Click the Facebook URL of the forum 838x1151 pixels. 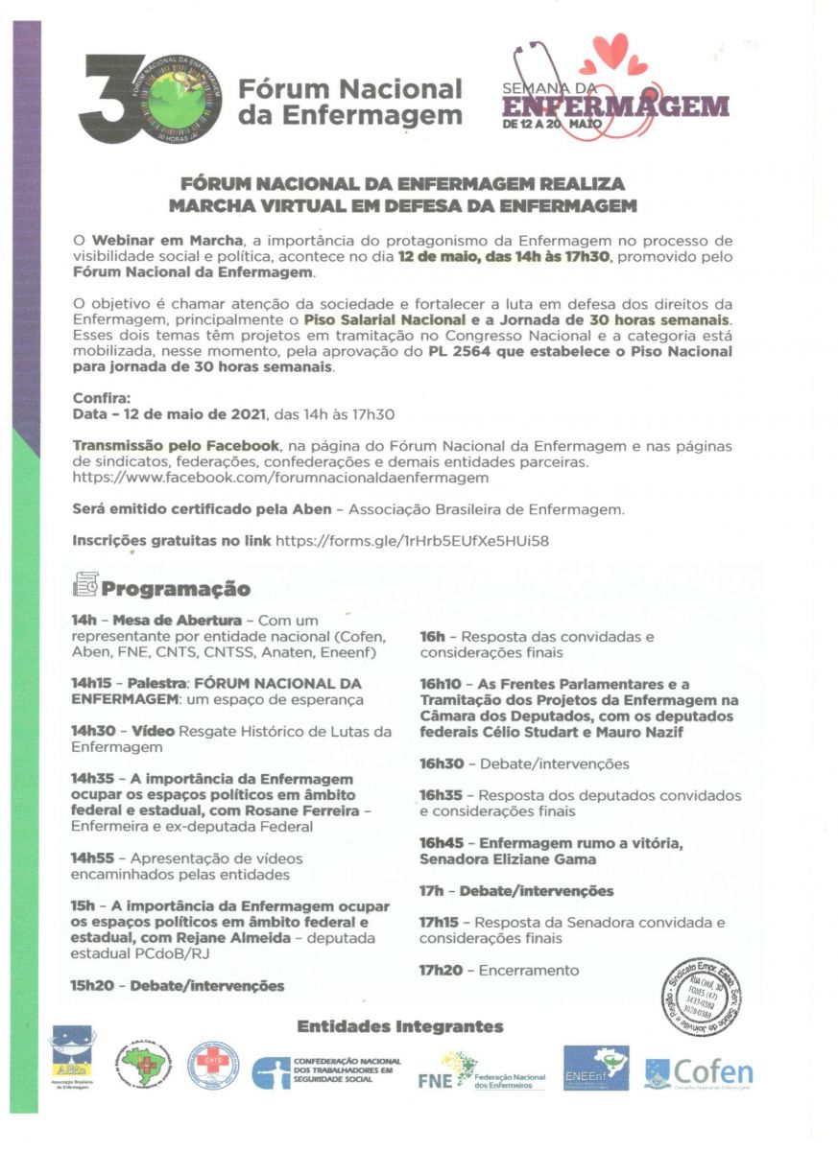click(x=280, y=477)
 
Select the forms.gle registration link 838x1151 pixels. click(x=412, y=541)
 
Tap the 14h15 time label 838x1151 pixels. click(x=90, y=683)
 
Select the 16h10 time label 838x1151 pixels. click(x=441, y=684)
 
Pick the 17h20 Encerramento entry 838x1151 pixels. click(x=499, y=970)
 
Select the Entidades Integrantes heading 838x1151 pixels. click(x=399, y=1026)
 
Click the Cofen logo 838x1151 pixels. click(x=698, y=1073)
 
